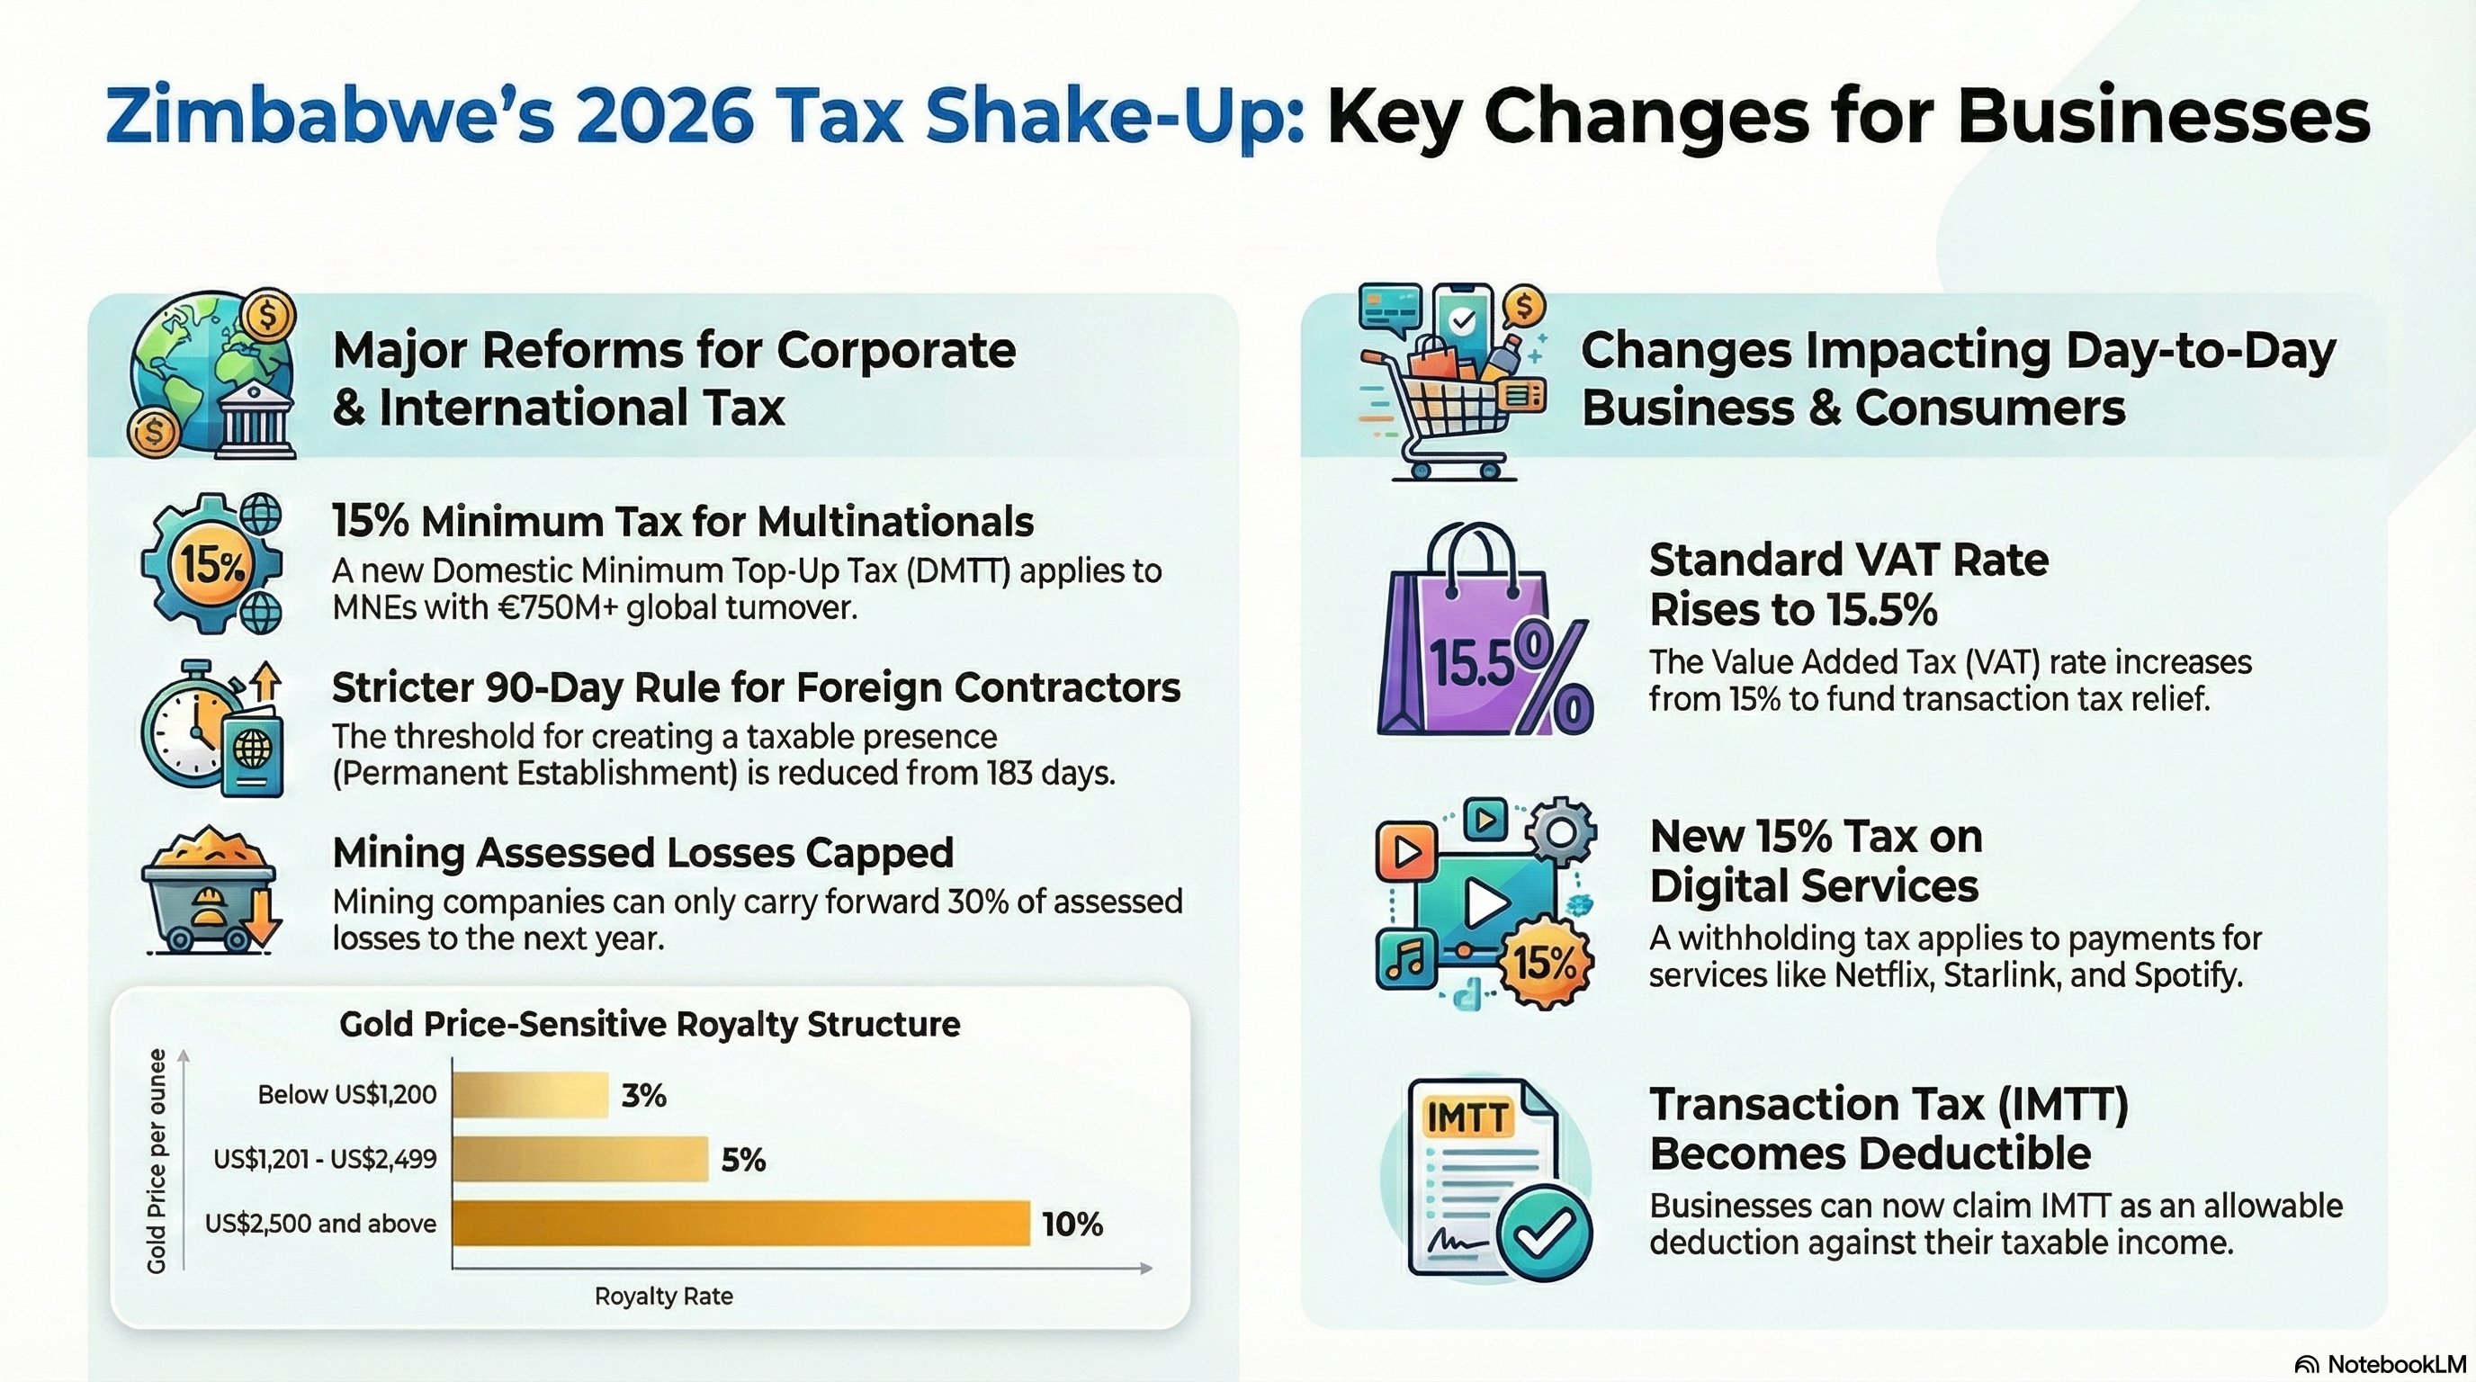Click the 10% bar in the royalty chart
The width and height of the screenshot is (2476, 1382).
click(x=740, y=1223)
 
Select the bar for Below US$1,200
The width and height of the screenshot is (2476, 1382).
click(x=530, y=1095)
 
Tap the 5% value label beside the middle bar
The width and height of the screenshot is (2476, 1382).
click(x=743, y=1160)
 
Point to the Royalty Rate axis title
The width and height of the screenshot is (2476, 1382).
click(x=663, y=1297)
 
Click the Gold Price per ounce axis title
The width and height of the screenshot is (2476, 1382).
click(x=157, y=1161)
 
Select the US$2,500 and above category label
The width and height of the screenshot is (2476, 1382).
click(x=320, y=1224)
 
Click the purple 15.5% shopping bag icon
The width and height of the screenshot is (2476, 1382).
click(x=1483, y=634)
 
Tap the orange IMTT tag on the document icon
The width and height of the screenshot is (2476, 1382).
click(x=1467, y=1117)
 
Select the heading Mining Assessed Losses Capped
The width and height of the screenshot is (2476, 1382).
click(x=642, y=852)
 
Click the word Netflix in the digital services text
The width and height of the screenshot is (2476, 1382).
click(x=1882, y=974)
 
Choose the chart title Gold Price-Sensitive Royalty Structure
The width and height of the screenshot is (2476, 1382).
click(x=650, y=1025)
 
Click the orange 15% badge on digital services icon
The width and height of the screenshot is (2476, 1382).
click(x=1545, y=962)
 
